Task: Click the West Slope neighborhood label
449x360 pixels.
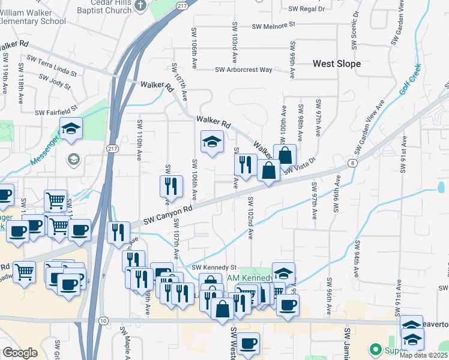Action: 337,64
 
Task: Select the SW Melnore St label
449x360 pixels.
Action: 274,26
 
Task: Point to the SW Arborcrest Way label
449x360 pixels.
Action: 244,70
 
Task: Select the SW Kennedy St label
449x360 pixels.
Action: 214,268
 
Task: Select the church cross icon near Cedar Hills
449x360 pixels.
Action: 140,6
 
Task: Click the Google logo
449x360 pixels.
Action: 20,353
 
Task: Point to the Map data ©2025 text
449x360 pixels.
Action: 424,355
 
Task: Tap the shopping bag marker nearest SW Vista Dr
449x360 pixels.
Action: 285,155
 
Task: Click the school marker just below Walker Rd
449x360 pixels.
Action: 211,142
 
